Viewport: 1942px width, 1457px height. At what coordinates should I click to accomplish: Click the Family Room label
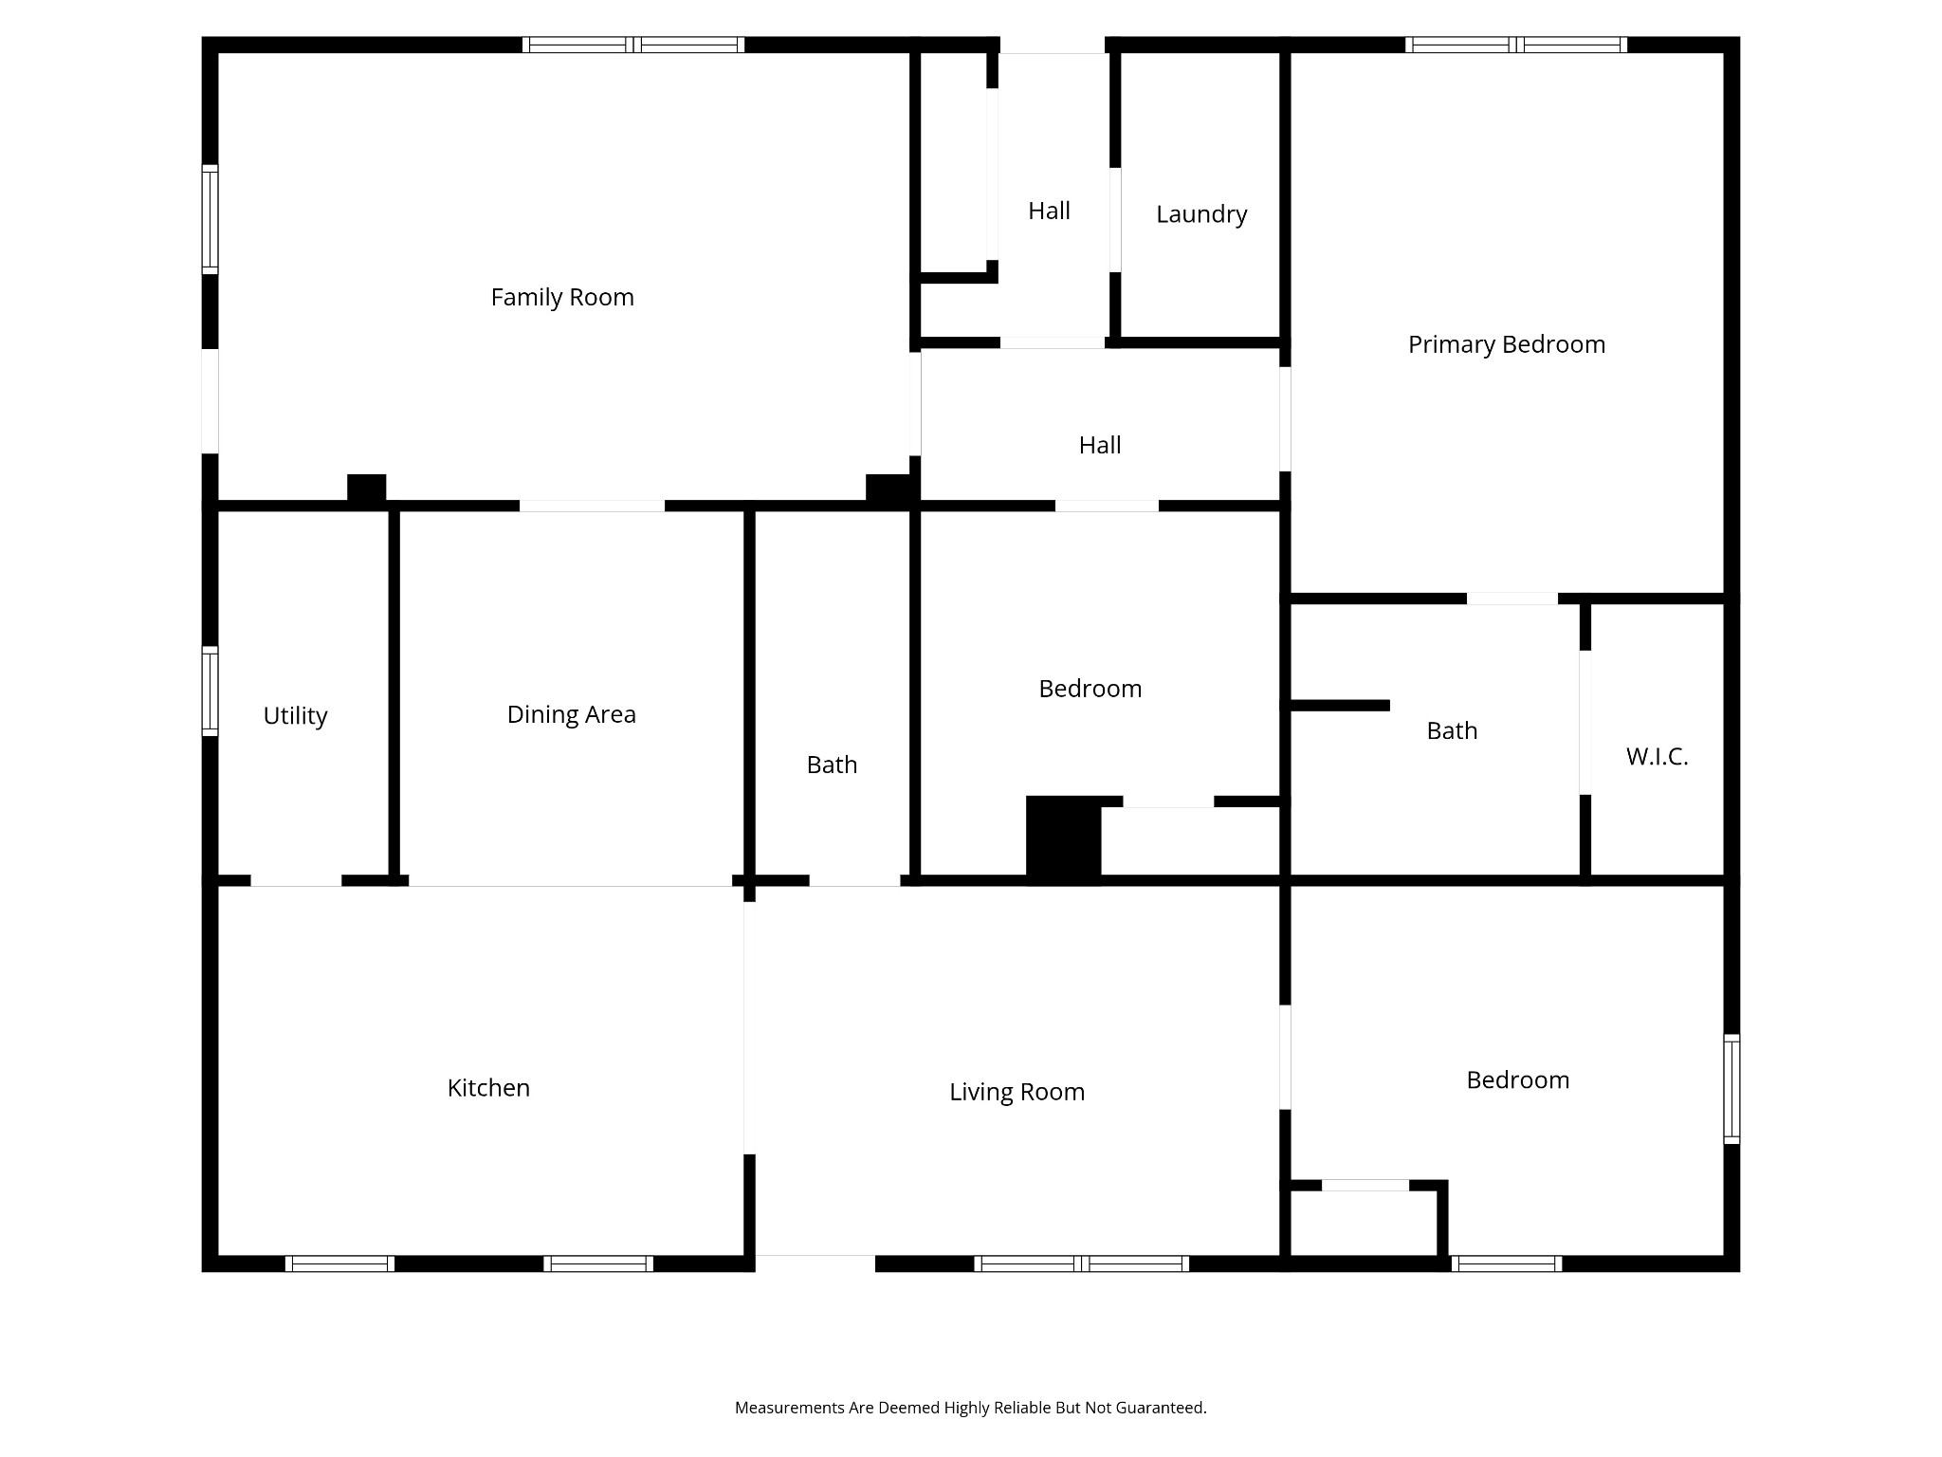(562, 298)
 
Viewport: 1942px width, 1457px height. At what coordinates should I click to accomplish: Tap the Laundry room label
(1201, 215)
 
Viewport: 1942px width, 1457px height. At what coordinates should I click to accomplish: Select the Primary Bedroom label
(1507, 345)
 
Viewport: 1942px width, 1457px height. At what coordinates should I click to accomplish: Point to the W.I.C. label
(1657, 757)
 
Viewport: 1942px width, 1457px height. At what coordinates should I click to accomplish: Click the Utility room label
(295, 716)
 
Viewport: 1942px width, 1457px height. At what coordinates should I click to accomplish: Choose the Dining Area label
(571, 715)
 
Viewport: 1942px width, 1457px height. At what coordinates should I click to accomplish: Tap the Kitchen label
(488, 1088)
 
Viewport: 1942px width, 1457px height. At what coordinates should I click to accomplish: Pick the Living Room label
(1017, 1093)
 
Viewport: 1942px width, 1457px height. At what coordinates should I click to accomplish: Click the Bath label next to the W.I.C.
(1452, 731)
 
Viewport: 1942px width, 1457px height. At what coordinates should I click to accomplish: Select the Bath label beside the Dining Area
(832, 765)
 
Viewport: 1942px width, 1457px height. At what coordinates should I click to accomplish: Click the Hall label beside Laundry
(1049, 212)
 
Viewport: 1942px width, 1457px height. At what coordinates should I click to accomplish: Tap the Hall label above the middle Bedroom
(1100, 446)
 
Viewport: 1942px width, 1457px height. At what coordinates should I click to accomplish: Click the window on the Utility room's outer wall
(210, 692)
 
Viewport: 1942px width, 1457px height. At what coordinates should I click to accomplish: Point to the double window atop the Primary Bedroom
(1516, 45)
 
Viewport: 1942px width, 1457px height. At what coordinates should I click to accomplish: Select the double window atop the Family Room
(632, 45)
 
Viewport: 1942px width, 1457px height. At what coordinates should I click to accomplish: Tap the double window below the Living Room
(1081, 1263)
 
